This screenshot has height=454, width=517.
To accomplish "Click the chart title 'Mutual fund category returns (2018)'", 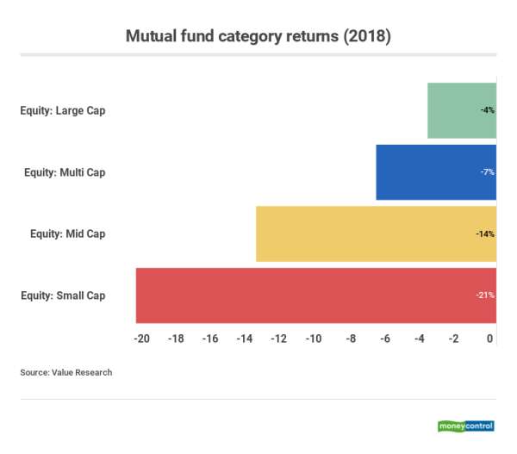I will point(258,36).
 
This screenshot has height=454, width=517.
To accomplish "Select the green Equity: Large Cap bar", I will point(461,110).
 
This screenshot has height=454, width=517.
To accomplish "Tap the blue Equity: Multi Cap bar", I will point(435,172).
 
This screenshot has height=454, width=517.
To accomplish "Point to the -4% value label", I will point(488,111).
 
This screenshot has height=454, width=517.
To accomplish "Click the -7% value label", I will point(488,172).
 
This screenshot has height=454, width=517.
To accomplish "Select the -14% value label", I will point(485,233).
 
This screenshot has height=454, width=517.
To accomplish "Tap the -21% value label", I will point(485,295).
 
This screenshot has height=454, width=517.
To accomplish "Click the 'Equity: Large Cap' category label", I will point(63,111).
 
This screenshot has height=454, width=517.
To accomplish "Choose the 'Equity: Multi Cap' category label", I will point(65,172).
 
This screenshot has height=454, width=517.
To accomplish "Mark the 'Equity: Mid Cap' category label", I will point(68,233).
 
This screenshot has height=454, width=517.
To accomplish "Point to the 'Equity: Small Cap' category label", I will point(63,295).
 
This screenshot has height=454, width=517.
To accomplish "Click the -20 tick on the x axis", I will point(142,339).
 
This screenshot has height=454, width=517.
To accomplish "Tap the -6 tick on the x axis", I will point(384,339).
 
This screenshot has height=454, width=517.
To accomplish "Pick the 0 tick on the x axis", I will point(490,339).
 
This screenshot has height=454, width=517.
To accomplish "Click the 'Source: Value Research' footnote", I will point(66,373).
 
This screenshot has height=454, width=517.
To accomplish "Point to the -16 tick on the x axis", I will point(210,339).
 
